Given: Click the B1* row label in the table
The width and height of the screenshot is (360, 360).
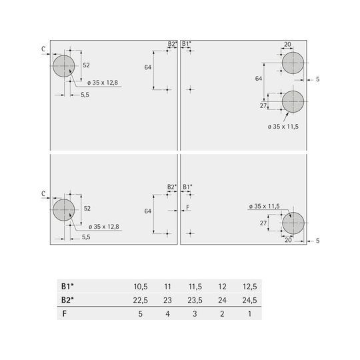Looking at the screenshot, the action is click(x=67, y=286).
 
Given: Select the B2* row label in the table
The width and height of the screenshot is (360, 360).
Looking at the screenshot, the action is click(x=67, y=300).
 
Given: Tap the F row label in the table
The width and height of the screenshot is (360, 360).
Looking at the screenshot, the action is click(x=65, y=313).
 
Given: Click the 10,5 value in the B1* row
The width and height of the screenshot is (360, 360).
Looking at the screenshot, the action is click(x=141, y=287).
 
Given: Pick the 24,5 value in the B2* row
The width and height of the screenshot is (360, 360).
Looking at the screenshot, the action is click(x=249, y=300).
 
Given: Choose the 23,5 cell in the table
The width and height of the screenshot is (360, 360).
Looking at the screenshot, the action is click(x=195, y=300).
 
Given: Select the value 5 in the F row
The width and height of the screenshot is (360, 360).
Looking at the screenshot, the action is click(x=140, y=314).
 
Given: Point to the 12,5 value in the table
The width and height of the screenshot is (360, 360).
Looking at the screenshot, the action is click(x=250, y=287).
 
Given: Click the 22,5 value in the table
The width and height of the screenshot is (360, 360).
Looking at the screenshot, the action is click(x=140, y=300).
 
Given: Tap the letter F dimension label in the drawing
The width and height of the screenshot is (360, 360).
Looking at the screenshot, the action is click(x=188, y=207).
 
